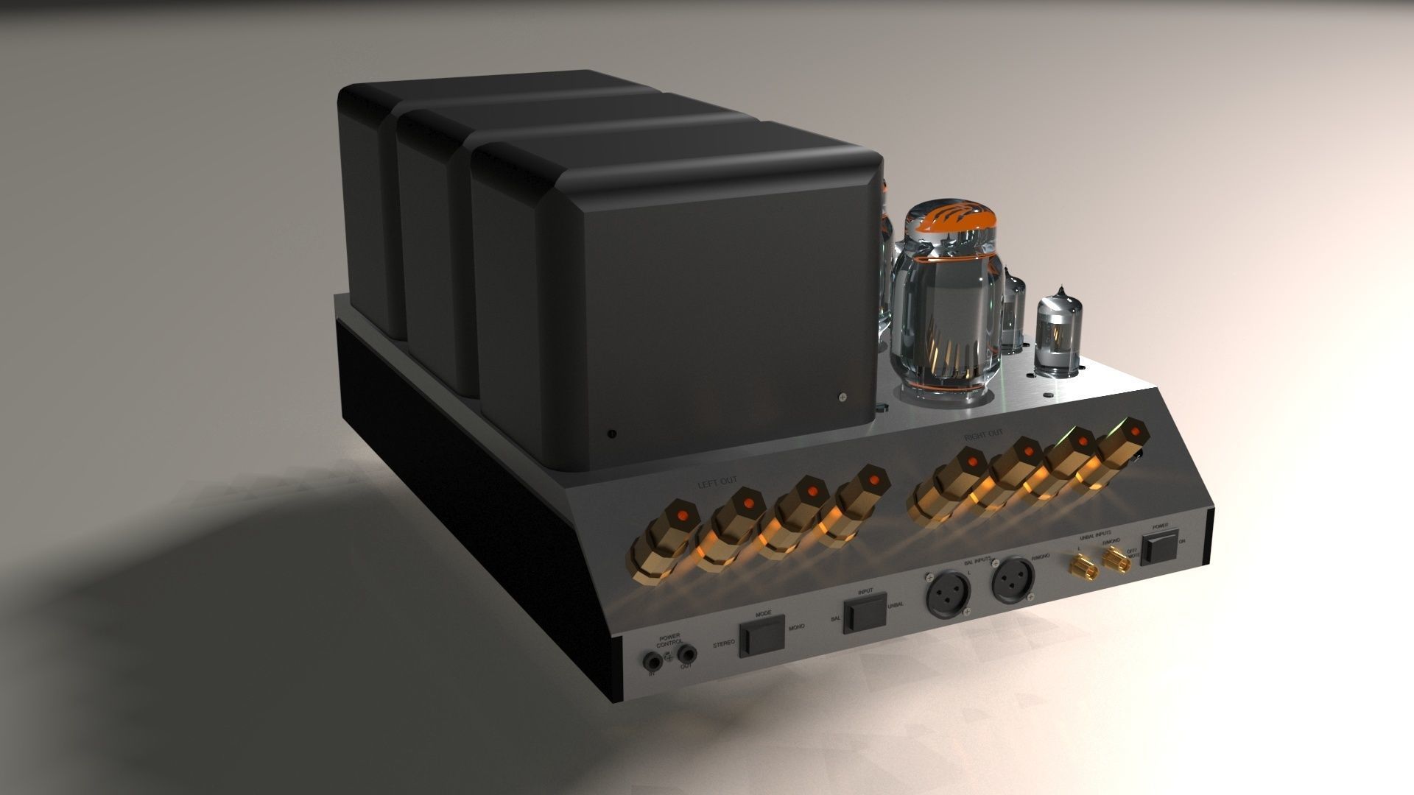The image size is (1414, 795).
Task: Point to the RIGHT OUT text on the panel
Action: pos(984,436)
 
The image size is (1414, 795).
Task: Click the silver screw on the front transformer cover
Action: pos(843,397)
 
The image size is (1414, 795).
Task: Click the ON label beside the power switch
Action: pos(1182,541)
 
